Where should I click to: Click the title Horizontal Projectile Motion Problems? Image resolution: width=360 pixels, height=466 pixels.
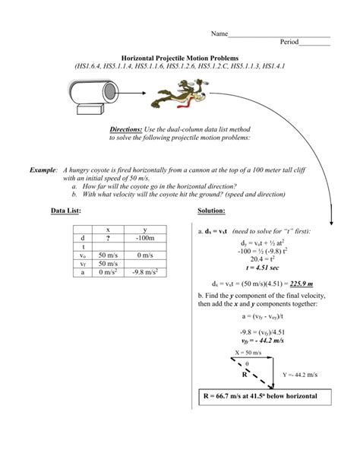pos(179,58)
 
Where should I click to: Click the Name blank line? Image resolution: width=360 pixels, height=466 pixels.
pos(279,33)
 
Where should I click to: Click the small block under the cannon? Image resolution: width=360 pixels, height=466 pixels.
pos(89,112)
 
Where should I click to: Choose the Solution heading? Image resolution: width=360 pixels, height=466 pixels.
pos(211,210)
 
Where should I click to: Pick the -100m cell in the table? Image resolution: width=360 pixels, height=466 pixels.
pos(145,237)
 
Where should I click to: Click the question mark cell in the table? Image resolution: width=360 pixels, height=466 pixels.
pos(108,237)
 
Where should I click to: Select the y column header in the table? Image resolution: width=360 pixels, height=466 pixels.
pos(145,228)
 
